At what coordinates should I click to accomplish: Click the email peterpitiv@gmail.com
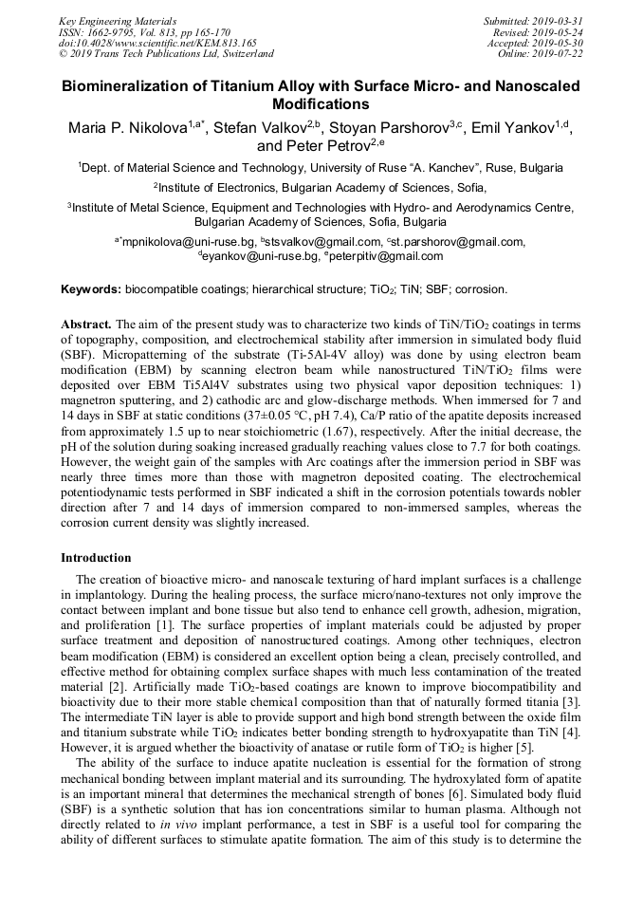pos(388,256)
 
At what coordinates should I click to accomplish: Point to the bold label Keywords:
pos(91,288)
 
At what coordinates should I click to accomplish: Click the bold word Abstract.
pos(86,324)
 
